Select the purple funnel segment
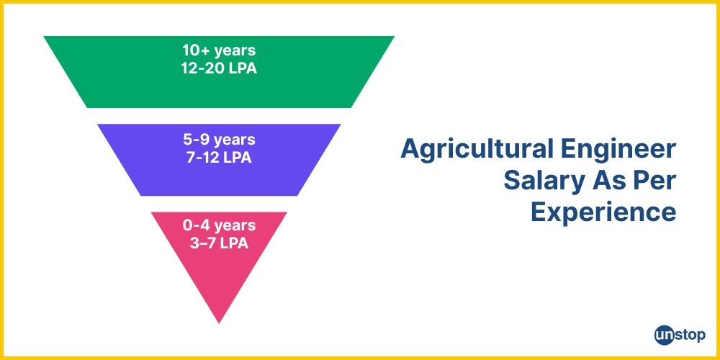point(158,160)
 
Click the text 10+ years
point(219,51)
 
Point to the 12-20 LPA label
point(219,69)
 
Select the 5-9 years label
point(219,139)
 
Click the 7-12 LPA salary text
point(219,157)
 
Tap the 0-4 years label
point(219,225)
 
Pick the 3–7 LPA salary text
point(219,243)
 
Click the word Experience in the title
point(603,212)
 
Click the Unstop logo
point(680,334)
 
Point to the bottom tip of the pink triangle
point(219,321)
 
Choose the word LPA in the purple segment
point(237,157)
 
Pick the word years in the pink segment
point(234,225)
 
